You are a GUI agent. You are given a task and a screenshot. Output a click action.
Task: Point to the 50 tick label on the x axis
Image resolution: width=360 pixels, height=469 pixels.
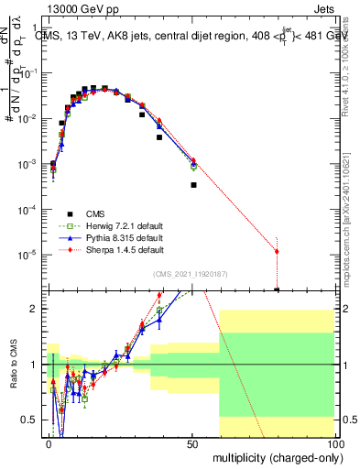click(x=192, y=444)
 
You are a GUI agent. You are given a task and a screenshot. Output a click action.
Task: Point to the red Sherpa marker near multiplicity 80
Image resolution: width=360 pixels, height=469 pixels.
click(x=277, y=251)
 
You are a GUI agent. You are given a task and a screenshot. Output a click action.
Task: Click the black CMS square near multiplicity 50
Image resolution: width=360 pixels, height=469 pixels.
click(x=193, y=185)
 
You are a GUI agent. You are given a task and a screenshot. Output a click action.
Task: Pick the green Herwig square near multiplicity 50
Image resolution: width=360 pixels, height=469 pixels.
click(x=193, y=167)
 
